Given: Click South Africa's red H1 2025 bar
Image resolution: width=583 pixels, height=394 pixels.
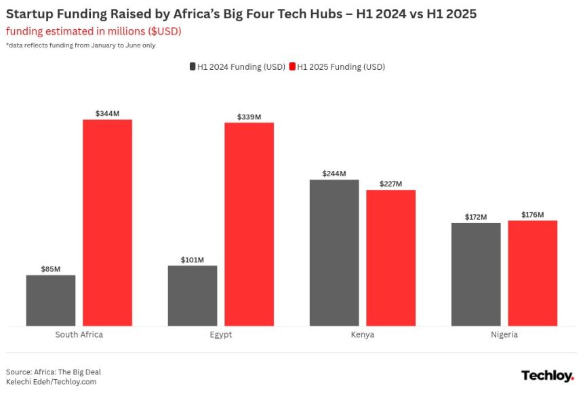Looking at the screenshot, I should point(107,222).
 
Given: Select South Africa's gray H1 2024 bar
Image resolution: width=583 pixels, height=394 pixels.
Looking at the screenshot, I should point(51,300).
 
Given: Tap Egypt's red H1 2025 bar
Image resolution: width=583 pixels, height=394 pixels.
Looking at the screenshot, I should point(249,224).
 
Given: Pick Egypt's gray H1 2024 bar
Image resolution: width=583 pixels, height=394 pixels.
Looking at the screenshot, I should point(193,296).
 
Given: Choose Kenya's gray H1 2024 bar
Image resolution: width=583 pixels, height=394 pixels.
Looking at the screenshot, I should point(334,252).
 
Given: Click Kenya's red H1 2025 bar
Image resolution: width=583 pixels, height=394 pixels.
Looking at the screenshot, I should point(390,258).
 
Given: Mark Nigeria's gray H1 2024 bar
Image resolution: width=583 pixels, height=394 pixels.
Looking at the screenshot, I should point(476,274).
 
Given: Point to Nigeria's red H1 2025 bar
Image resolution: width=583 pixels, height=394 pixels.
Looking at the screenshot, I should point(532,273).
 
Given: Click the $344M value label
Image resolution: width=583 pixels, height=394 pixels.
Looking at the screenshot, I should point(107,114).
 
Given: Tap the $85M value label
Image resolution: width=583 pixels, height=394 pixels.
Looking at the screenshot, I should point(51,269).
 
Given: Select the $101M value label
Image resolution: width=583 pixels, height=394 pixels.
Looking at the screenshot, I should point(193,260).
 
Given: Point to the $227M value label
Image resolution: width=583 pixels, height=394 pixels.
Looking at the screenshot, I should point(390,184).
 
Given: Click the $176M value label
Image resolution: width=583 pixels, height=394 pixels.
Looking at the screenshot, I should point(532,215).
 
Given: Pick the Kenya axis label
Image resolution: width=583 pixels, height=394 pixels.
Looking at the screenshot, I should point(363,335).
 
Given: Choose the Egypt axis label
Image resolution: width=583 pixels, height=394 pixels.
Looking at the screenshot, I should point(221,335).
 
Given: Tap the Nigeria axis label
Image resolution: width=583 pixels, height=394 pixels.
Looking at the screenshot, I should point(504,335).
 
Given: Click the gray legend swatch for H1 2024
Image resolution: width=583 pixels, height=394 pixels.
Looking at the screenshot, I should point(193,67).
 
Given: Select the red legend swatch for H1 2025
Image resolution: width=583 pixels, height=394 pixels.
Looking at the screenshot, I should point(292,67).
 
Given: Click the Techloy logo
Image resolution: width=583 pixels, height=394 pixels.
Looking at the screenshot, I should point(547,376).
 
